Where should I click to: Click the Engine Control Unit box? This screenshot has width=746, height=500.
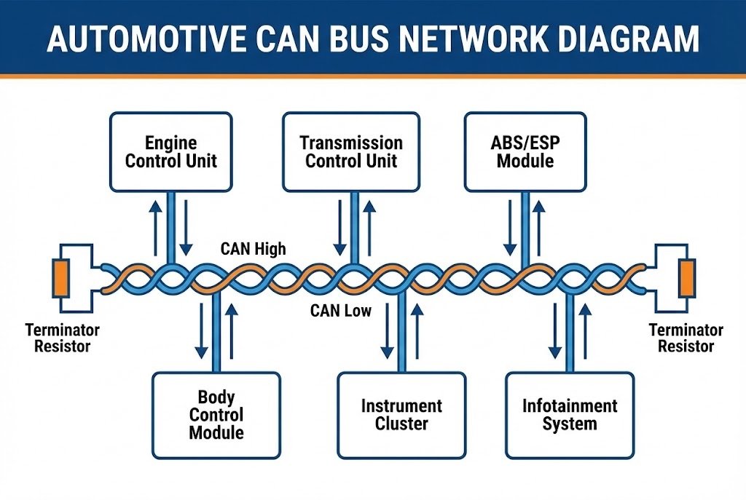click(170, 151)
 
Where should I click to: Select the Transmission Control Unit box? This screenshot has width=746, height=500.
click(351, 151)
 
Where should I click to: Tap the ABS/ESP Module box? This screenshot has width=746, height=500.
click(525, 151)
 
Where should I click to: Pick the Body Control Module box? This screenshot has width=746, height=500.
click(216, 415)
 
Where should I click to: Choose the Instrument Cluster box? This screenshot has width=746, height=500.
click(401, 415)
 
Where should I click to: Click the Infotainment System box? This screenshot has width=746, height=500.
click(569, 415)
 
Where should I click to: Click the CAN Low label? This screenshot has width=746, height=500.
click(340, 311)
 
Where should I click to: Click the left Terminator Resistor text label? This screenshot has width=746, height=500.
click(62, 338)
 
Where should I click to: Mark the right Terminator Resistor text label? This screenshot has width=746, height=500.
click(686, 338)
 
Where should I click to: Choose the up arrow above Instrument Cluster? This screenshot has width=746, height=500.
click(417, 331)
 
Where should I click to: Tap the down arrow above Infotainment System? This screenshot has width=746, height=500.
click(554, 331)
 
